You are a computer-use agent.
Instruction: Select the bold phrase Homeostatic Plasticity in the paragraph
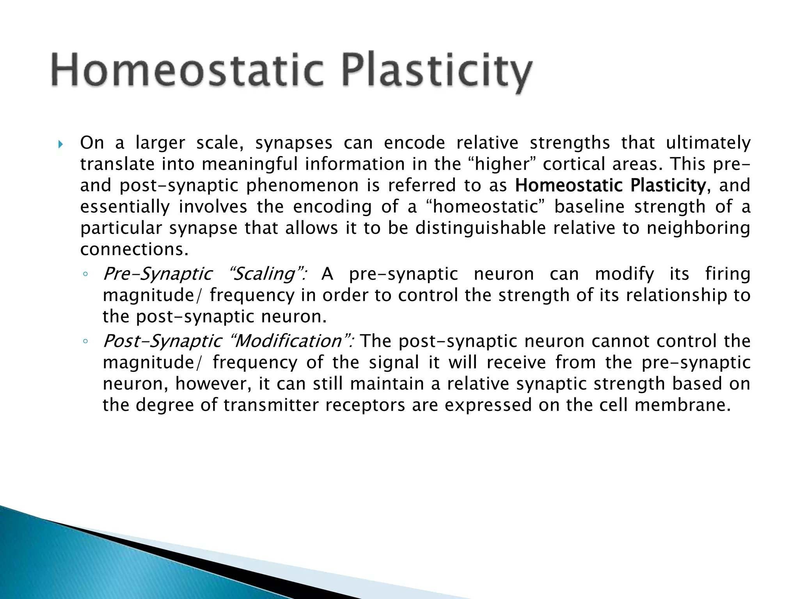[x=610, y=185]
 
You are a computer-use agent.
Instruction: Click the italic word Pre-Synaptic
[x=158, y=274]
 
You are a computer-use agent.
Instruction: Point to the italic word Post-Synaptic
[x=162, y=341]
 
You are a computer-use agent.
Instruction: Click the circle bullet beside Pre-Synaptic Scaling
[x=85, y=275]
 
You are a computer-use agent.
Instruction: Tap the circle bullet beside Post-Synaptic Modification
[x=85, y=342]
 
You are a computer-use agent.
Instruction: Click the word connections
[x=134, y=249]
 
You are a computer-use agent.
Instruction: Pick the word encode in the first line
[x=414, y=143]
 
